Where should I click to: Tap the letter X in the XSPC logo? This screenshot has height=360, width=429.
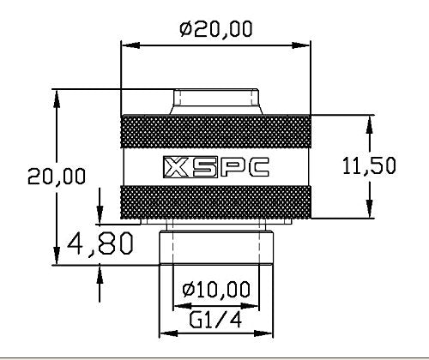(x=172, y=165)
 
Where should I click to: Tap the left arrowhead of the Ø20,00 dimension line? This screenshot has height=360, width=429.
(x=124, y=41)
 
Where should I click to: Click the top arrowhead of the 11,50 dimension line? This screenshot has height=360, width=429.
(x=370, y=120)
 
